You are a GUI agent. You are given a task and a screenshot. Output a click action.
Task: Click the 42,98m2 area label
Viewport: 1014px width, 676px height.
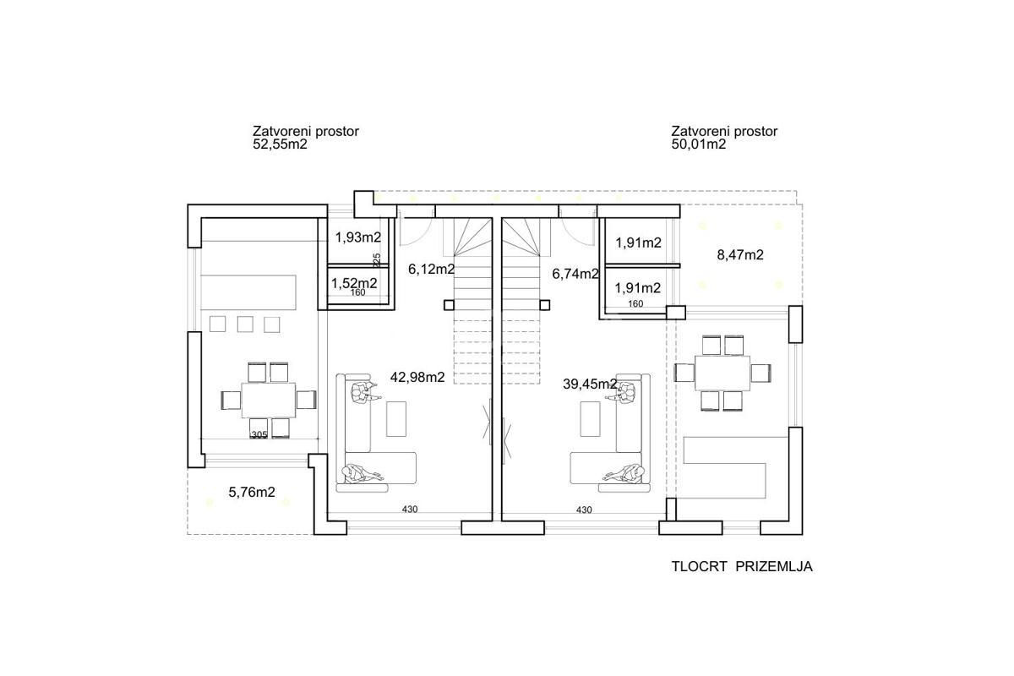(x=417, y=377)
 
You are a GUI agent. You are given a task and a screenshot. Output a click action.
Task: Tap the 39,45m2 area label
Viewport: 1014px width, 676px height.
(x=590, y=384)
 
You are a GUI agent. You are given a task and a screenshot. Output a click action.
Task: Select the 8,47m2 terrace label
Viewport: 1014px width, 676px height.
(x=740, y=255)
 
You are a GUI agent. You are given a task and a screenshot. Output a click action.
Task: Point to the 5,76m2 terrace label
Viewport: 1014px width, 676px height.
(x=252, y=492)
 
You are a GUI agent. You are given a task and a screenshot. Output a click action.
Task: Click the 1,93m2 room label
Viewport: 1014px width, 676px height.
(x=358, y=237)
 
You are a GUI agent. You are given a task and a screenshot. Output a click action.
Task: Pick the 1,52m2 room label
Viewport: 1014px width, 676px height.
(x=354, y=283)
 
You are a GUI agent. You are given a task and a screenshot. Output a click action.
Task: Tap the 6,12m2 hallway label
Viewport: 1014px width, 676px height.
(x=432, y=270)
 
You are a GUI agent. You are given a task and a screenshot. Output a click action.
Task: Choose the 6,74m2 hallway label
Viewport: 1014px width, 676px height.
(x=575, y=274)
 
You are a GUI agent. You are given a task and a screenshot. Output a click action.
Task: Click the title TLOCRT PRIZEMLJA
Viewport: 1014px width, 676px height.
(x=742, y=566)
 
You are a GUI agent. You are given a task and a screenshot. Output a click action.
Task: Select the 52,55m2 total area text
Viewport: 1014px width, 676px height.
(x=280, y=144)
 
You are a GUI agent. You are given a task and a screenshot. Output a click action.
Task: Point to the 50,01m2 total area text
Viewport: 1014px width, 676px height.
(x=699, y=144)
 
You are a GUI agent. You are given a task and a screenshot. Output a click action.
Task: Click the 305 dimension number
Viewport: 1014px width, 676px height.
(x=259, y=434)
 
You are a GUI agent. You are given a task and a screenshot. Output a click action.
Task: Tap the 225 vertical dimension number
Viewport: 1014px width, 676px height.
(x=376, y=260)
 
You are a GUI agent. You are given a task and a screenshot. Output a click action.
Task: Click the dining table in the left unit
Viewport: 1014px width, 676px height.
(x=269, y=401)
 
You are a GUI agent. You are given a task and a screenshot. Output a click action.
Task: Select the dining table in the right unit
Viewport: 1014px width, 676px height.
(x=722, y=373)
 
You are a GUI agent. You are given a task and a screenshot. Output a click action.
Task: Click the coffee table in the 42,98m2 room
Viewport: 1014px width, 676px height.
(x=396, y=419)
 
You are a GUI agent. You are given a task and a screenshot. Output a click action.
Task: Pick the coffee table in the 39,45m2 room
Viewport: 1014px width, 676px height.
(x=591, y=419)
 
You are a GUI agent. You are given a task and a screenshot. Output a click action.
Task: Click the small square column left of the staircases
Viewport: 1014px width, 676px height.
(x=449, y=305)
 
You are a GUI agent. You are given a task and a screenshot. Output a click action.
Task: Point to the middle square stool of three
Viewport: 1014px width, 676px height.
(x=245, y=324)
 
